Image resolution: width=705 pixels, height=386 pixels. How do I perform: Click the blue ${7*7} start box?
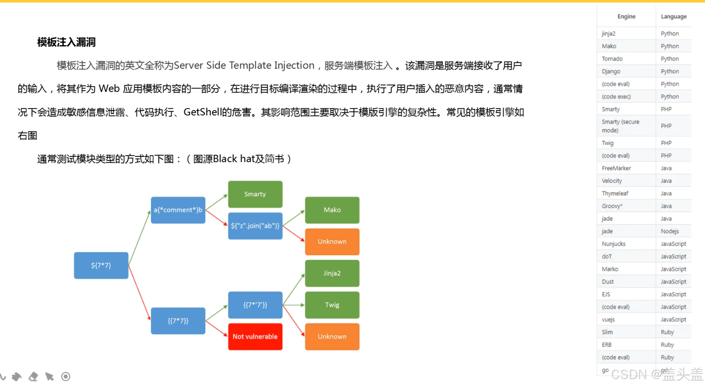(x=101, y=265)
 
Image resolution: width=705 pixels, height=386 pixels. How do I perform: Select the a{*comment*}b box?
(x=178, y=210)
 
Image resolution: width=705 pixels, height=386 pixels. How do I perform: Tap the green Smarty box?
(x=255, y=194)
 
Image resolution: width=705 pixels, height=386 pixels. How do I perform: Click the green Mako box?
(x=332, y=210)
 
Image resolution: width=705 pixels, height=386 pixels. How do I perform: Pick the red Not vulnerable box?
(x=255, y=336)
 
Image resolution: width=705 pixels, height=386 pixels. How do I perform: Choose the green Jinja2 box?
(x=332, y=273)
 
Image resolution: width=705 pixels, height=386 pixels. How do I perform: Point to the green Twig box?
(x=332, y=305)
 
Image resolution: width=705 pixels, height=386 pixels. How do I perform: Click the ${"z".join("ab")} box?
(x=255, y=226)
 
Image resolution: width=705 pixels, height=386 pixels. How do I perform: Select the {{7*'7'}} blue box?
(x=255, y=305)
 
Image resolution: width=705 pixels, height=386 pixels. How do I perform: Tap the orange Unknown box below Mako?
(x=332, y=241)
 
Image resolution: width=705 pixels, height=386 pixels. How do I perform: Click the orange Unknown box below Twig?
(x=332, y=336)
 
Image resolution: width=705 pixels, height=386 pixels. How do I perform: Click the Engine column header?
(x=626, y=17)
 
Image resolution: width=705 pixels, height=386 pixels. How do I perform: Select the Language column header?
(x=673, y=17)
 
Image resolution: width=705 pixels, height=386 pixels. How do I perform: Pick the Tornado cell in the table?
(x=612, y=59)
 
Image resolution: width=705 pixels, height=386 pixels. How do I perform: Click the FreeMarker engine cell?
(x=616, y=168)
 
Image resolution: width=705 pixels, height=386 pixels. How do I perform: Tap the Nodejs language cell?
(x=670, y=231)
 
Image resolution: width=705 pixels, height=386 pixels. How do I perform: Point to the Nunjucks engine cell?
(x=614, y=244)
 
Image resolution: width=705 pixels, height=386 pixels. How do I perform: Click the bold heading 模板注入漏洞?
(x=66, y=42)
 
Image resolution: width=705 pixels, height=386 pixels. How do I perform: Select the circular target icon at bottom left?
(x=66, y=376)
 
